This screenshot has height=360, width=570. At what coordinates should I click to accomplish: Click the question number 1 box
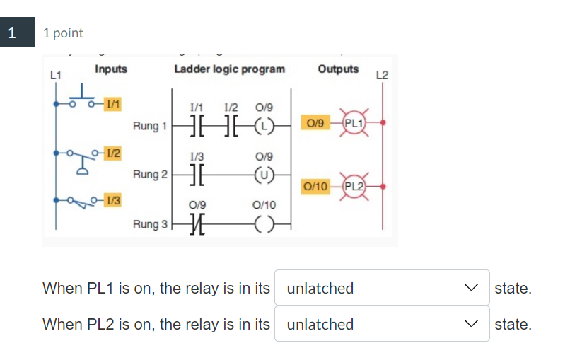click(x=12, y=33)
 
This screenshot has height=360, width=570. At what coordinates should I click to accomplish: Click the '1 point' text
click(x=63, y=33)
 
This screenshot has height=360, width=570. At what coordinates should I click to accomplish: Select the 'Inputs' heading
click(x=111, y=69)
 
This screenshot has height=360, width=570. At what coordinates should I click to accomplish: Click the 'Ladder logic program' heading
click(x=230, y=69)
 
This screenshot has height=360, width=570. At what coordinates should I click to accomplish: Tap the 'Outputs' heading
click(x=338, y=69)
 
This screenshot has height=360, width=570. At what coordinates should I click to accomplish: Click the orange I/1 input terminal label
click(x=112, y=103)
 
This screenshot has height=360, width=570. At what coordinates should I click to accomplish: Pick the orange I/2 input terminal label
click(x=112, y=152)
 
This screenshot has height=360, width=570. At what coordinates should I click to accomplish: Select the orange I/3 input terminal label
click(x=112, y=200)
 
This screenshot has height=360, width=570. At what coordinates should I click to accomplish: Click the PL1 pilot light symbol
click(x=353, y=123)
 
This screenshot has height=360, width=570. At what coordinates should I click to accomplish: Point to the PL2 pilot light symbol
click(x=353, y=187)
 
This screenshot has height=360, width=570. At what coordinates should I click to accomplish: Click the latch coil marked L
click(x=263, y=127)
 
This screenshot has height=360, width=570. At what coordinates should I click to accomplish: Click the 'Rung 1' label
click(x=149, y=127)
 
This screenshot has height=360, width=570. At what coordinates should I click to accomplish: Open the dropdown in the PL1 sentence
click(x=382, y=288)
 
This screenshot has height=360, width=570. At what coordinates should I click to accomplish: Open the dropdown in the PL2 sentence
click(x=382, y=324)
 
